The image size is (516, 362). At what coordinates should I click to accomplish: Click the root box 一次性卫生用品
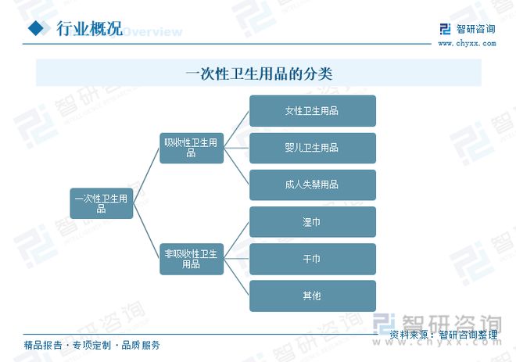tap(102, 203)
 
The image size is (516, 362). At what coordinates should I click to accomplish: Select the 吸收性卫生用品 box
tap(192, 148)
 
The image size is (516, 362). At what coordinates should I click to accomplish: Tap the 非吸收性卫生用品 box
tap(192, 259)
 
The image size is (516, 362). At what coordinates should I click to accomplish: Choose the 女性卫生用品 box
tap(312, 111)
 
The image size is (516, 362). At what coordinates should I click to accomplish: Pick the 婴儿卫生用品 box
tap(312, 148)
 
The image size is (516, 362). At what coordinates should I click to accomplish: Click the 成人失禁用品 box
tap(312, 185)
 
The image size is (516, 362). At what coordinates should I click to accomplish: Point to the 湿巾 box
tap(312, 222)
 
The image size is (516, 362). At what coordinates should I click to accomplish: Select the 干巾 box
tap(312, 259)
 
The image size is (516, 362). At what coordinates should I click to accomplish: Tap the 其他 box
tap(312, 296)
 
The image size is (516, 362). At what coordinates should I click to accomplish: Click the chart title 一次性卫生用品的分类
tap(259, 73)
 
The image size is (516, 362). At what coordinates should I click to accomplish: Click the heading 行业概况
tap(89, 28)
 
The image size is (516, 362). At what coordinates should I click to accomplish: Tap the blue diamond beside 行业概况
tap(36, 28)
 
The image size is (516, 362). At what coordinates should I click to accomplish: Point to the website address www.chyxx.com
tap(467, 43)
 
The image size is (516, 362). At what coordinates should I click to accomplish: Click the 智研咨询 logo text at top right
tap(475, 29)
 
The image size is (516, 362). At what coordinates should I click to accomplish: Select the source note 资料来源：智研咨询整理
tap(443, 335)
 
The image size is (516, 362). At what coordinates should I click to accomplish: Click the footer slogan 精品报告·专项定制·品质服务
tap(91, 346)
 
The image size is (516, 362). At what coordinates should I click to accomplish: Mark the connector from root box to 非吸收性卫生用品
tap(146, 231)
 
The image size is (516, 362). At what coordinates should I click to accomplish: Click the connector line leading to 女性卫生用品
tap(236, 130)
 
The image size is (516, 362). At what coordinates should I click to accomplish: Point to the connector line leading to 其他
tap(236, 278)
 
